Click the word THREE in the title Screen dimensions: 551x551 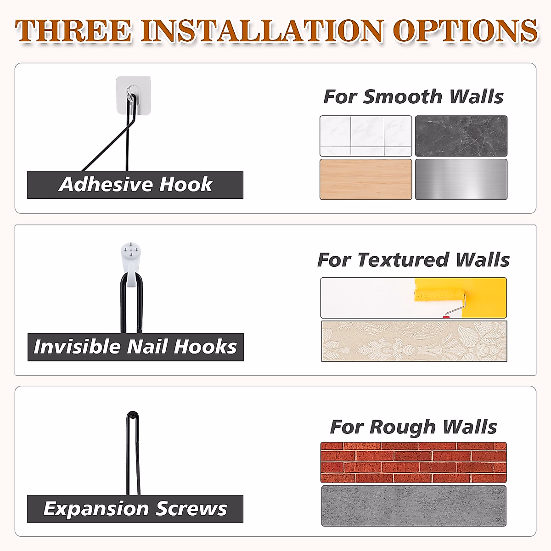pyautogui.click(x=73, y=31)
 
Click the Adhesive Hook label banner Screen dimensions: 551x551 pyautogui.click(x=135, y=185)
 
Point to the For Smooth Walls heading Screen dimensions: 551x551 pyautogui.click(x=413, y=97)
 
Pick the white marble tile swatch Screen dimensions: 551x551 pyautogui.click(x=366, y=136)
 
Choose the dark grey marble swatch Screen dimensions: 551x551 pyautogui.click(x=461, y=136)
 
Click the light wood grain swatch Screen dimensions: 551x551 pyautogui.click(x=366, y=179)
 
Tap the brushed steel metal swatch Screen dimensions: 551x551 pyautogui.click(x=461, y=179)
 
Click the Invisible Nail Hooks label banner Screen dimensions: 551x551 pyautogui.click(x=135, y=347)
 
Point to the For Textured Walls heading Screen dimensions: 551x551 pyautogui.click(x=413, y=260)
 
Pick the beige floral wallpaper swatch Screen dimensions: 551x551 pyautogui.click(x=414, y=341)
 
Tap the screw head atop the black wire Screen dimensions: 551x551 pyautogui.click(x=133, y=415)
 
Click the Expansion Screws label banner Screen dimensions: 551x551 pyautogui.click(x=135, y=509)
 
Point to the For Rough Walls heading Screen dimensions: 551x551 pyautogui.click(x=413, y=427)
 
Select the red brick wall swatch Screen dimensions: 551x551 pyautogui.click(x=413, y=462)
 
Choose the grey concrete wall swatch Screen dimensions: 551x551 pyautogui.click(x=413, y=506)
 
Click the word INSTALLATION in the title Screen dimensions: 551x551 pyautogui.click(x=262, y=31)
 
